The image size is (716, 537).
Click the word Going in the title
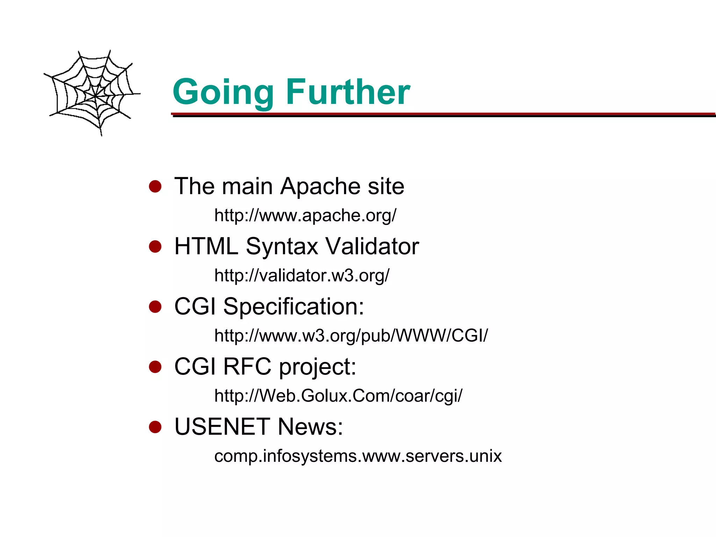(223, 92)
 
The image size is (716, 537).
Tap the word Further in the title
(348, 92)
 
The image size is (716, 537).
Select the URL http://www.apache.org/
(305, 215)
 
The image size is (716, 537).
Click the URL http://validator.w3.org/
(302, 275)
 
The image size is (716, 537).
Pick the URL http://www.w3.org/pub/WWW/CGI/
(351, 336)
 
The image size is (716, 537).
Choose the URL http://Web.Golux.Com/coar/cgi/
(338, 396)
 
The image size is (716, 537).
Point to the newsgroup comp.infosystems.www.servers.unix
(358, 456)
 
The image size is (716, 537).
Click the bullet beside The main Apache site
(155, 186)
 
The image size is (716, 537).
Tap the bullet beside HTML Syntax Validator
(155, 246)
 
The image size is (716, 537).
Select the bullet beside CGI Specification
(155, 307)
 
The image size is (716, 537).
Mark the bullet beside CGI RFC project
(155, 367)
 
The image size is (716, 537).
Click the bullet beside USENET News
(155, 427)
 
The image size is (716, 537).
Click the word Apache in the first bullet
(321, 186)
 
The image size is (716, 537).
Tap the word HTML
(206, 246)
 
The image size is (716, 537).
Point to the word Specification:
(293, 307)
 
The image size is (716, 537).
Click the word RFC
(247, 367)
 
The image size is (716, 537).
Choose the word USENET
(222, 427)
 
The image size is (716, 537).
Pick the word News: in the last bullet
(310, 427)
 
